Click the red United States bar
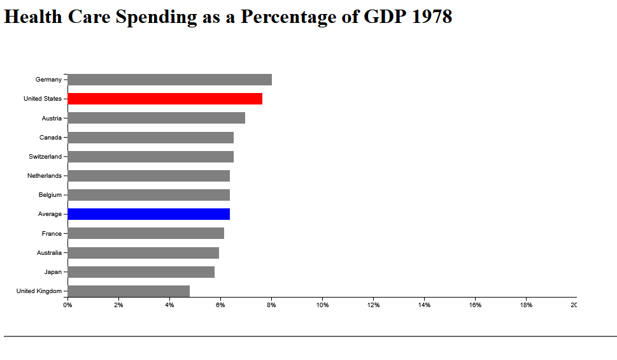point(164,99)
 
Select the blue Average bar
point(148,214)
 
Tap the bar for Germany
point(169,80)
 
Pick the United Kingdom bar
point(128,291)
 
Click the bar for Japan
point(141,272)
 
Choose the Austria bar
point(156,118)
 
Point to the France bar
point(145,233)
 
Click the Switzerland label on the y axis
point(45,157)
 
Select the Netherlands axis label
point(45,176)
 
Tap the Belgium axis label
point(50,195)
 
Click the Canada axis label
point(51,138)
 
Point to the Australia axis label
point(49,253)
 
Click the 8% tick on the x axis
point(271,305)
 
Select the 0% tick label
point(67,305)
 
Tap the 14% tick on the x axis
point(424,305)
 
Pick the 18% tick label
point(526,305)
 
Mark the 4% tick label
point(169,305)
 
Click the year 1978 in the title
point(432,17)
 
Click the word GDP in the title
point(385,17)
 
